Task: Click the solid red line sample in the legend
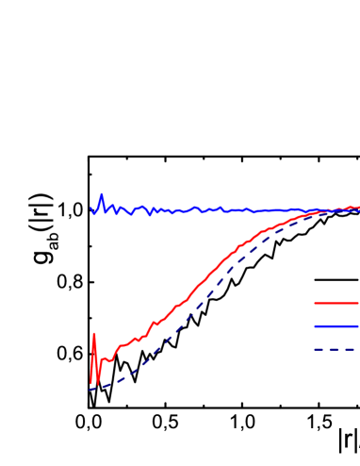tap(335, 304)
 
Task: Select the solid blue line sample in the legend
tap(335, 326)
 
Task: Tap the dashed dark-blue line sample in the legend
tap(335, 349)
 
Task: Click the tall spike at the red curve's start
tap(94, 334)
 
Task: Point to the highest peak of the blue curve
tap(101, 194)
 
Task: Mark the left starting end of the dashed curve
tap(90, 389)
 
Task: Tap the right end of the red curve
tap(358, 208)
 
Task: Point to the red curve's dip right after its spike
tap(98, 385)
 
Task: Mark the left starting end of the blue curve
tap(90, 208)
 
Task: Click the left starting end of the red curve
tap(90, 383)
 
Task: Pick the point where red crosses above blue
tap(343, 208)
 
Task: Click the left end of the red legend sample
tap(315, 304)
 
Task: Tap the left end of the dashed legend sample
tap(315, 349)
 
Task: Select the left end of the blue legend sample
tap(315, 326)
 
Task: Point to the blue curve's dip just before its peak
tap(94, 214)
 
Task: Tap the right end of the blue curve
tap(358, 210)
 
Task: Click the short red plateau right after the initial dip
tap(106, 359)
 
